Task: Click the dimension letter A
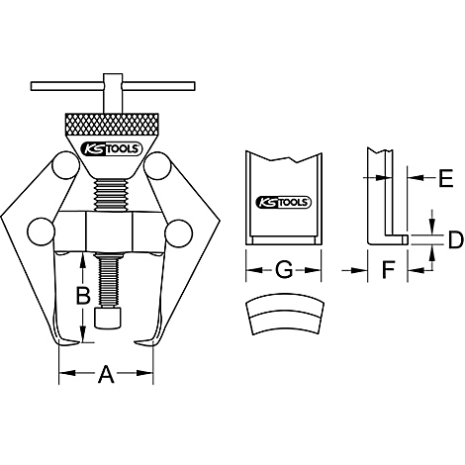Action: tap(106, 374)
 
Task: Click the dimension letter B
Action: tap(84, 294)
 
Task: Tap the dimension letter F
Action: tap(387, 269)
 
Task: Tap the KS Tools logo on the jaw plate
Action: tap(283, 201)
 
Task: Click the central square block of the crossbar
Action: tap(108, 234)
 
